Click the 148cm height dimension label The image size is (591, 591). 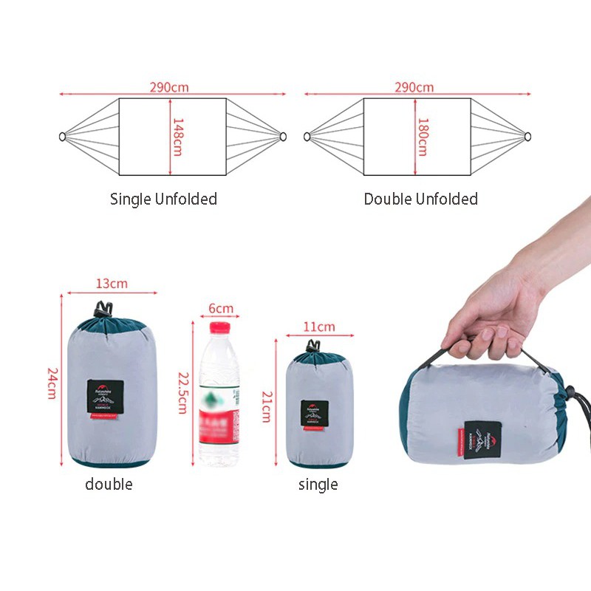(177, 137)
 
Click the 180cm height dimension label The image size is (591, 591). (422, 137)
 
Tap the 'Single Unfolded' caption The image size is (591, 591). (163, 199)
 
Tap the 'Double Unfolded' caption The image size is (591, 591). (420, 199)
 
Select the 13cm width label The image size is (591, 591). (112, 284)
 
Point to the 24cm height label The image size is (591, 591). (52, 382)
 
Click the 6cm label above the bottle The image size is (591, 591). (220, 308)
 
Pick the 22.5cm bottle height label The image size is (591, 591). (182, 392)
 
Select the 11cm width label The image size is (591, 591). (319, 327)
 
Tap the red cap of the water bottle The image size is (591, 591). (220, 329)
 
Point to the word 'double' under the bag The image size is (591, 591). (109, 485)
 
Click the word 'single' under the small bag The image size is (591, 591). (318, 485)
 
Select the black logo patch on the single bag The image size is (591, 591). (314, 414)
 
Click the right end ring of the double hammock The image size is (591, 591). (527, 137)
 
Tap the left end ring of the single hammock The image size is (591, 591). (63, 137)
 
